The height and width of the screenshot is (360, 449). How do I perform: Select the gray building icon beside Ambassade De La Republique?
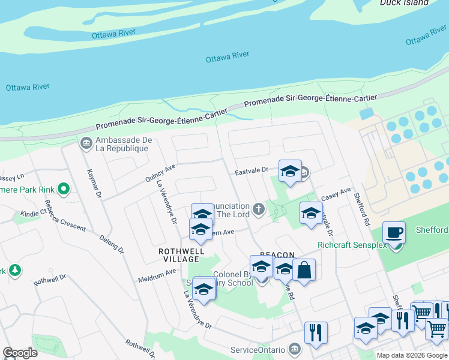85,143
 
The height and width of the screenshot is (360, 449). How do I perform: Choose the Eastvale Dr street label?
250,171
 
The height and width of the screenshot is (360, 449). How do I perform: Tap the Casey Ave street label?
336,194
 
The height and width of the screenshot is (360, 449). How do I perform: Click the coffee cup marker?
394,233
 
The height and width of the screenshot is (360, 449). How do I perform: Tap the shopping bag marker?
304,271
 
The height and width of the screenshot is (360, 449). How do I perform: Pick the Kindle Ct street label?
32,213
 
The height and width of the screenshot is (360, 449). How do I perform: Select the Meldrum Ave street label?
157,271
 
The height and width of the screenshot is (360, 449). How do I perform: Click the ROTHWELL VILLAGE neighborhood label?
178,255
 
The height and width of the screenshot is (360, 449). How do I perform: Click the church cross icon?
258,209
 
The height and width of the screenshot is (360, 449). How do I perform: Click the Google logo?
20,353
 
